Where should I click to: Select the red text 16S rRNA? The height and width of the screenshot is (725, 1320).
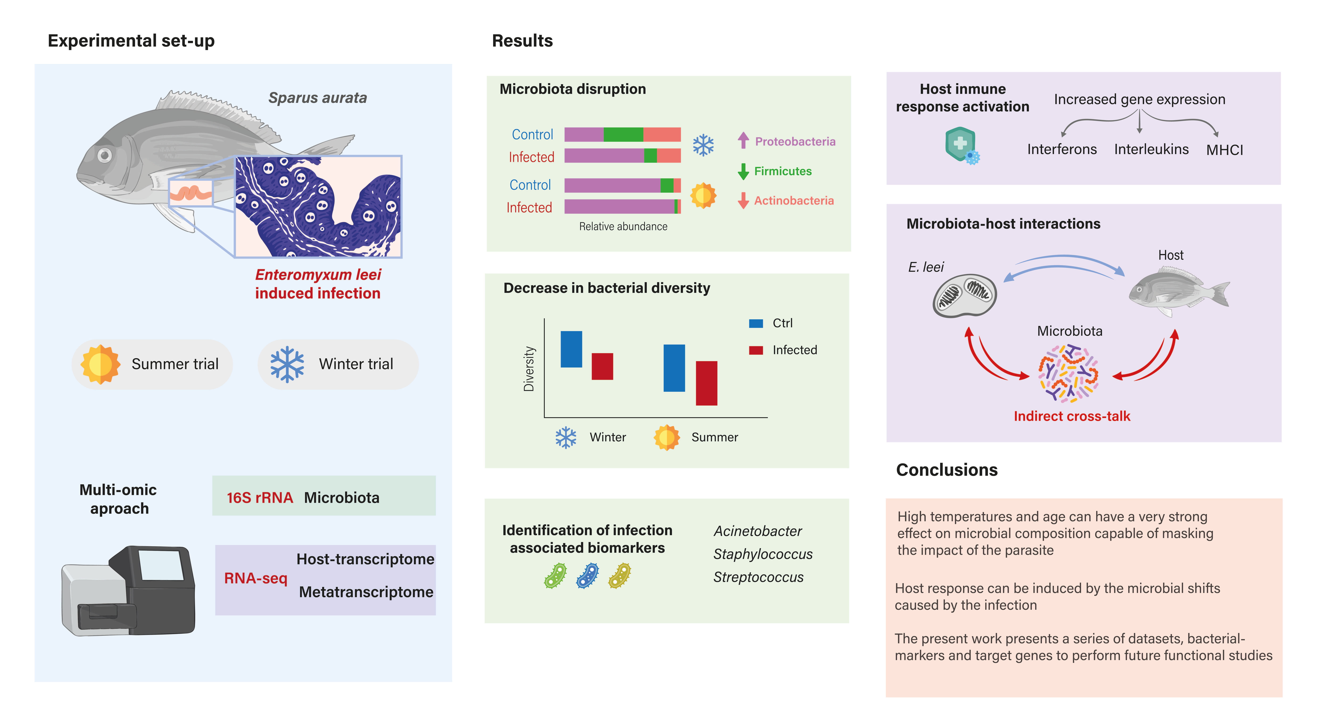[x=260, y=497]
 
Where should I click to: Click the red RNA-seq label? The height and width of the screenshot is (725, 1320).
[x=255, y=578]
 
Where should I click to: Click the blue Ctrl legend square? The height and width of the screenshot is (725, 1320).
[x=756, y=323]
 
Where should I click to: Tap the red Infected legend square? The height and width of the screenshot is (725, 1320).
[x=756, y=350]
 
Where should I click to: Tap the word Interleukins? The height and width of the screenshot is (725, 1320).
[x=1151, y=149]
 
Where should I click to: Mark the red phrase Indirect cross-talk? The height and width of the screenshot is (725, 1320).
[x=1071, y=416]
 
